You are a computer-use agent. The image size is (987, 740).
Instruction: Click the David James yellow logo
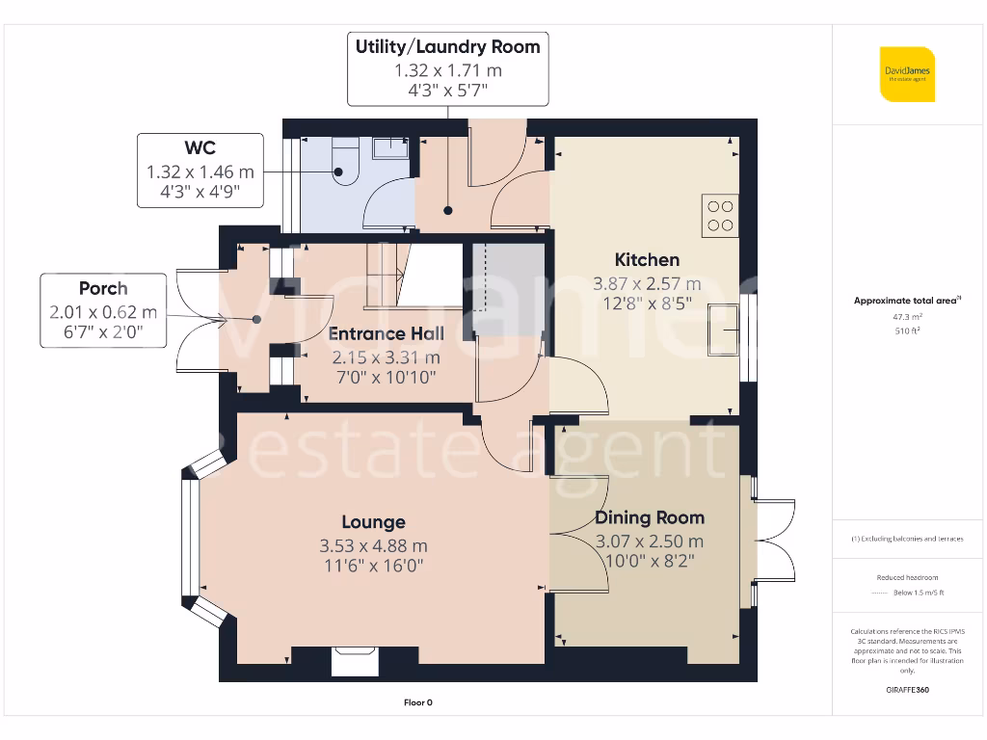coord(907,74)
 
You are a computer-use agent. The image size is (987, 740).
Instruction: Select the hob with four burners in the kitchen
coord(720,216)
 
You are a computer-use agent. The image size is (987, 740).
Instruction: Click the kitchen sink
coord(723,329)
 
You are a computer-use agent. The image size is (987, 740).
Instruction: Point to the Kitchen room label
coord(647,259)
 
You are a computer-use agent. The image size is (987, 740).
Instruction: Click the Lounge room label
coord(374,522)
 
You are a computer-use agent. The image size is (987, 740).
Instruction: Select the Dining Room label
coord(649,517)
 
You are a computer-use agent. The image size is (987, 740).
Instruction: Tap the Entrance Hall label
coord(386,333)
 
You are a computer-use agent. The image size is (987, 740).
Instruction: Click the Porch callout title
coord(102,288)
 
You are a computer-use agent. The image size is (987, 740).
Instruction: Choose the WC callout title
coord(200,147)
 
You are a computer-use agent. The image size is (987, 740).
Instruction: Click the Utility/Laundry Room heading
coord(447,46)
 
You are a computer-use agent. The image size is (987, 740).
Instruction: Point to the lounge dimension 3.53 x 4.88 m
coord(374,545)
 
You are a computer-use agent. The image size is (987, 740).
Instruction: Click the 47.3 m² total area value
coord(906,316)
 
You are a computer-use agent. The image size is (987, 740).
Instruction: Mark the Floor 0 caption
coord(417,702)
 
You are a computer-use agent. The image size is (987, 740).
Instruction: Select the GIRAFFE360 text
coord(906,690)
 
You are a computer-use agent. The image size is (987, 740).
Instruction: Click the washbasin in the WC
coord(389,147)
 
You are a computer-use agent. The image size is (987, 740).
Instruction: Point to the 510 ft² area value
coord(906,330)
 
